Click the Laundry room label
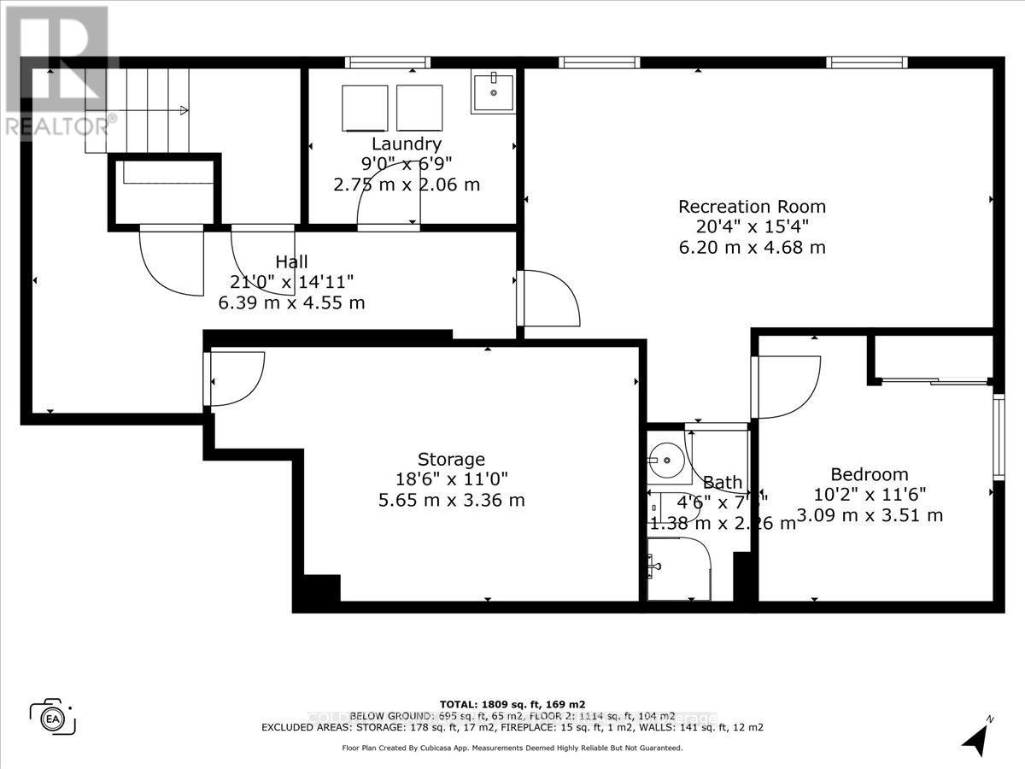point(406,144)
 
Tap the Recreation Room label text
point(752,206)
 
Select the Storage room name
point(451,459)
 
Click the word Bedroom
point(869,474)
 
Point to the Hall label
point(291,261)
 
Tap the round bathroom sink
point(664,461)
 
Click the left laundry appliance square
point(365,108)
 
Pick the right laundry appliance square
point(419,108)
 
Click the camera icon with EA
point(53,715)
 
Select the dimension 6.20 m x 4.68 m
point(752,248)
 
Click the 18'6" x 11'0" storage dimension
point(451,479)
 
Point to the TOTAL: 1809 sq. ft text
point(512,703)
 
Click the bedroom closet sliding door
point(934,380)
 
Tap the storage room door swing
point(237,378)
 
